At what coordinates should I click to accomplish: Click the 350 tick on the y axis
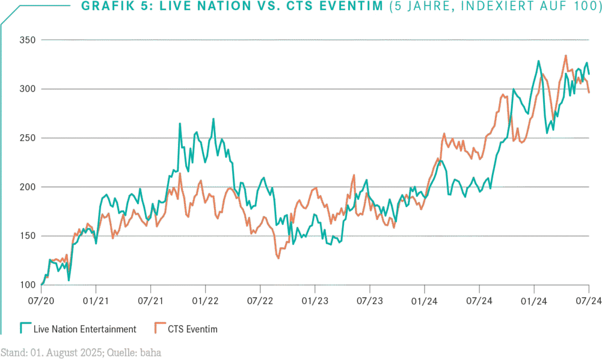point(28,40)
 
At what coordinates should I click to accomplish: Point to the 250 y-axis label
point(28,138)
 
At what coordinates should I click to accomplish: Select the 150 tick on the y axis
point(28,236)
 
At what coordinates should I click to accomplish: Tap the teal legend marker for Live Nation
point(25,328)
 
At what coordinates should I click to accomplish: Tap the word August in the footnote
point(66,352)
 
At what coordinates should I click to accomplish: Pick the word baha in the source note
point(150,352)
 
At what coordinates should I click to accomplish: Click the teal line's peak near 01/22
point(213,119)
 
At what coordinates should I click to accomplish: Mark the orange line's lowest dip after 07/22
point(277,258)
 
